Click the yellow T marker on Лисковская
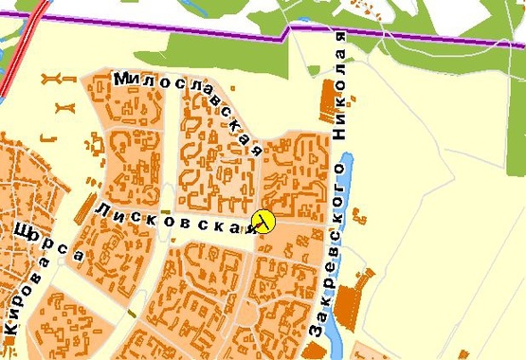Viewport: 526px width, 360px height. point(263,222)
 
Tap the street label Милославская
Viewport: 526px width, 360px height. point(188,111)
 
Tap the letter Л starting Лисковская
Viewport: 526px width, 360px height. point(100,207)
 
